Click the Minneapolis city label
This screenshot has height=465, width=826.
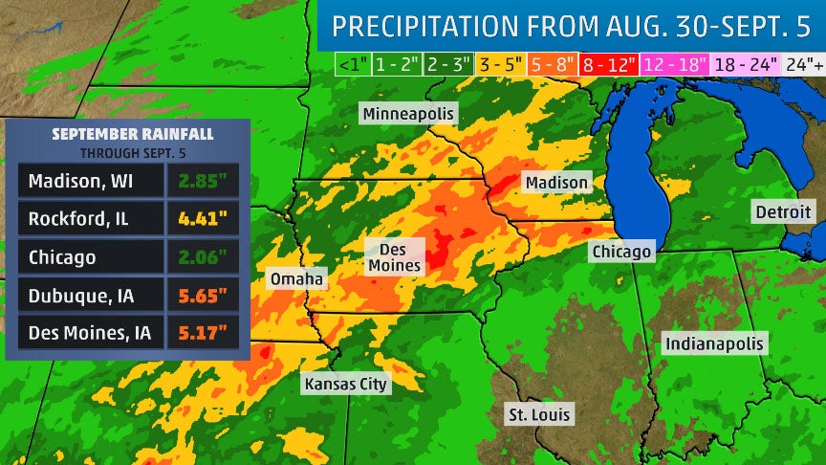coord(409,114)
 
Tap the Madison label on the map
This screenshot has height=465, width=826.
coord(555,182)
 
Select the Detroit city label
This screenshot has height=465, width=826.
coord(783,211)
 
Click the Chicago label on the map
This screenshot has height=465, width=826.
coord(620,252)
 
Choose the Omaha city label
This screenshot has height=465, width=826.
coord(296,279)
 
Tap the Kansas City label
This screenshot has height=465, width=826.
coord(346,384)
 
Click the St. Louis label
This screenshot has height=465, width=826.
coord(539,414)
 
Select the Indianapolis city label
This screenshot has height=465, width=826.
coord(715,343)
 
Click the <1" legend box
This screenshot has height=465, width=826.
coord(351,64)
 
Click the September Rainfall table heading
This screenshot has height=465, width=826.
coord(127,133)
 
